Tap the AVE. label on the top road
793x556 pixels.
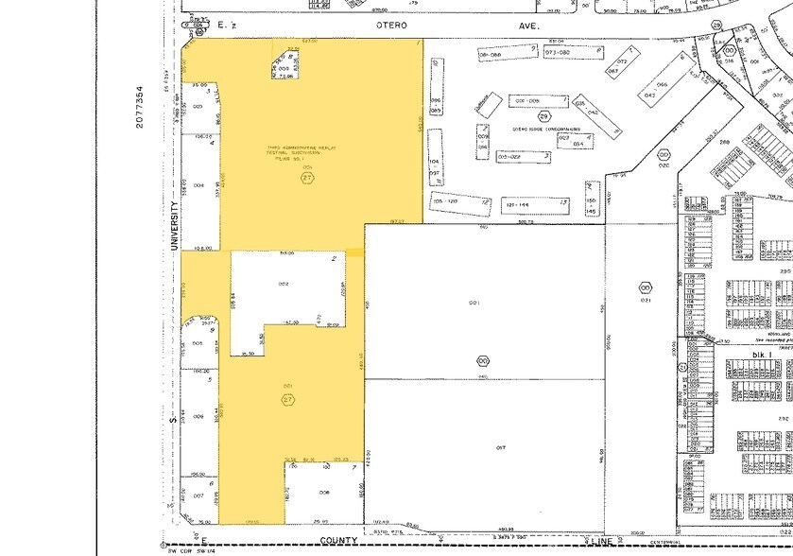(x=527, y=26)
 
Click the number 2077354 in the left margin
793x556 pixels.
(x=139, y=101)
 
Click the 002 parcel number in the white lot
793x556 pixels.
(x=282, y=284)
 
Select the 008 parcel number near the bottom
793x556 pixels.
(x=323, y=492)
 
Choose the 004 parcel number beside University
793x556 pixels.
(x=198, y=185)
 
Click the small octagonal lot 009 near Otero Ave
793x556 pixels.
(x=284, y=70)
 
